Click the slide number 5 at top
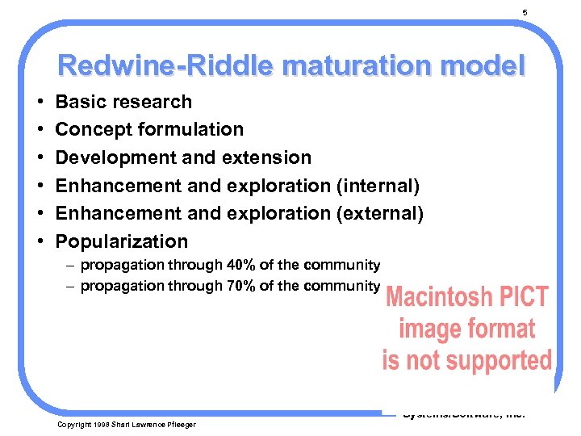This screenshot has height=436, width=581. [x=525, y=12]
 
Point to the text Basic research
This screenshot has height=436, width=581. [x=123, y=102]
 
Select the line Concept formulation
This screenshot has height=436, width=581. [x=149, y=129]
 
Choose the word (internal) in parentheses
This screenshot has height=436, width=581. [x=378, y=186]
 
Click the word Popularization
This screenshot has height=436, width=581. [x=121, y=241]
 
